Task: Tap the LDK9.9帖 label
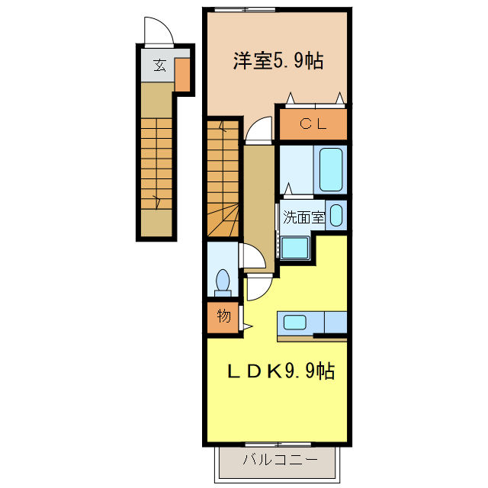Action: [281, 371]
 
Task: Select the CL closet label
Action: [313, 124]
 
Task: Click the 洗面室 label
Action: [303, 217]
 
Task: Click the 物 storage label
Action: [223, 316]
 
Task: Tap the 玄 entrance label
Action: [159, 66]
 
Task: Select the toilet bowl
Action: [223, 281]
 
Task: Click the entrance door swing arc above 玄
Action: [159, 31]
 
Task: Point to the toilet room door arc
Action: [250, 256]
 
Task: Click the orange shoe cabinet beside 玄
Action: [183, 73]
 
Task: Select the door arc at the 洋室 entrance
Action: [258, 130]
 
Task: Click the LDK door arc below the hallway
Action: [257, 288]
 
